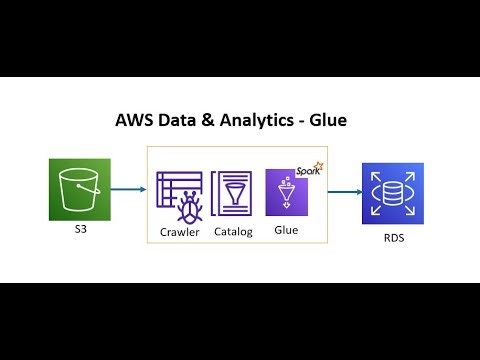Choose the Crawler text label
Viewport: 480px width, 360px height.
pyautogui.click(x=180, y=232)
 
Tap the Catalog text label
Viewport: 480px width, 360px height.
pyautogui.click(x=233, y=232)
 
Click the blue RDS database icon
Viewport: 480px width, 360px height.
pyautogui.click(x=394, y=192)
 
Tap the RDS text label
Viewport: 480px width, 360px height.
pyautogui.click(x=394, y=240)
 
